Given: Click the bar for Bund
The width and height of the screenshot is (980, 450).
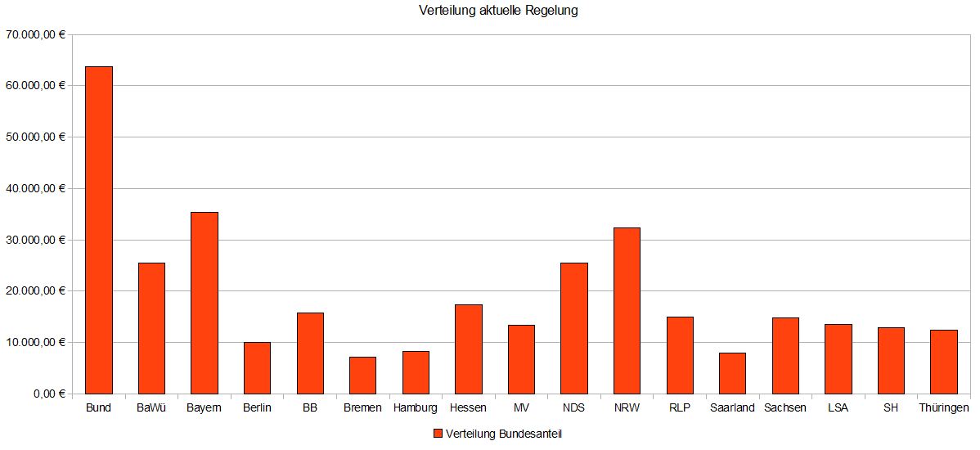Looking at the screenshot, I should [99, 230].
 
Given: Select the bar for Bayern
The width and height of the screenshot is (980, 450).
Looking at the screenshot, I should [204, 303].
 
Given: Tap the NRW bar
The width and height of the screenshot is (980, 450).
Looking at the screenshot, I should [627, 310].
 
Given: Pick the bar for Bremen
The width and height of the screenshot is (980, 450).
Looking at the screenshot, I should [362, 375].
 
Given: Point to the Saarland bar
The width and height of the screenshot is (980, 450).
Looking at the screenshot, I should [732, 373].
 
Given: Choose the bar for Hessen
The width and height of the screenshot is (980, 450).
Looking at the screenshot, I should [468, 349].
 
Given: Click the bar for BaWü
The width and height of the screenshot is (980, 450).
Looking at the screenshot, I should [151, 328].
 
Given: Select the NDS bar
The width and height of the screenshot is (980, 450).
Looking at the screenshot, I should [573, 328].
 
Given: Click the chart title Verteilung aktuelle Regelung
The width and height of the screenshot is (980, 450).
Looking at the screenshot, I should [498, 11].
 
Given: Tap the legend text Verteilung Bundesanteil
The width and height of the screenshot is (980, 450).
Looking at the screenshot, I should [504, 434].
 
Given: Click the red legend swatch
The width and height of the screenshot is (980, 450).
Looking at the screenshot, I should [438, 434].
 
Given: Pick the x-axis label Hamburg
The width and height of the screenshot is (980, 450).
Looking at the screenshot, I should [415, 407].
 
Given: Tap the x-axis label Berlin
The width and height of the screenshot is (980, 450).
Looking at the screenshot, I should [257, 407].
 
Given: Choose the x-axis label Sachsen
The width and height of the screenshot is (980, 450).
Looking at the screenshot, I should [784, 407].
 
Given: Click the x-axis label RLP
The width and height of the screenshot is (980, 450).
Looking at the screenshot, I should [680, 407].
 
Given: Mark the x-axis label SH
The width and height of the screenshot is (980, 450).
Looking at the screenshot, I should [891, 407].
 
